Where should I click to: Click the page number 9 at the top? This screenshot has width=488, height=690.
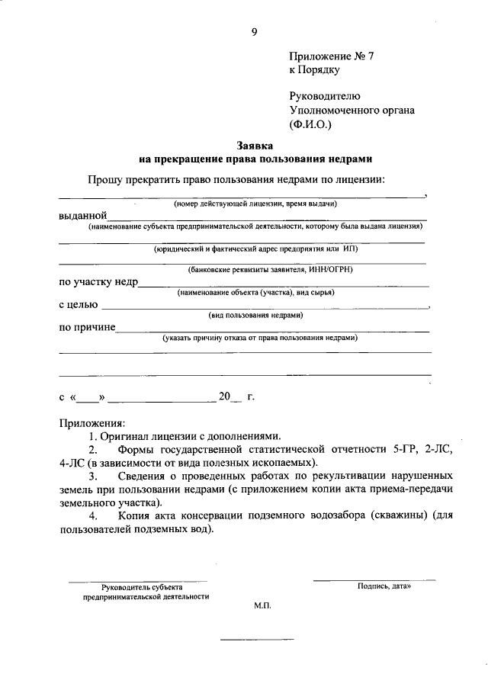[254, 31]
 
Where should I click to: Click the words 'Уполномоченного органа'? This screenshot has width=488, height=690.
[352, 110]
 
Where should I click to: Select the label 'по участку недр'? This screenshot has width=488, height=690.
[98, 282]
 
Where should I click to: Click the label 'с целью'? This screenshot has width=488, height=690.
[79, 305]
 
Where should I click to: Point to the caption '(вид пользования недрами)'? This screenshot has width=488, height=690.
[256, 315]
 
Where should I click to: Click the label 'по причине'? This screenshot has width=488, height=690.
[87, 327]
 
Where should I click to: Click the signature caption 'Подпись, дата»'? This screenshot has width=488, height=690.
[384, 586]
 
